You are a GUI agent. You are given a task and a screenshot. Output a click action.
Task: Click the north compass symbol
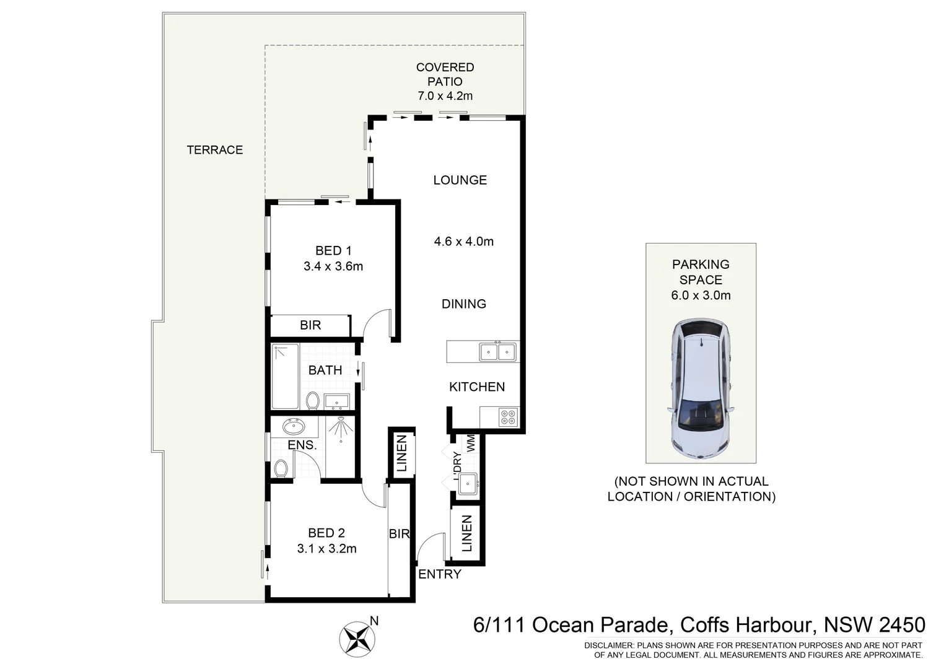(x=356, y=637)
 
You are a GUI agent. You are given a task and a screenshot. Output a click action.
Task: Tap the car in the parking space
(x=701, y=388)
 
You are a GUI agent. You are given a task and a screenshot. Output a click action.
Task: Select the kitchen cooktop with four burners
(x=508, y=417)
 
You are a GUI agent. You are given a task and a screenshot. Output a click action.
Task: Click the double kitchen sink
(x=497, y=352)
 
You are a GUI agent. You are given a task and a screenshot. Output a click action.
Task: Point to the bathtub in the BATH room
(x=285, y=377)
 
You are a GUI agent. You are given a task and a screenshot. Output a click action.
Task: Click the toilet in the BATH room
(x=312, y=400)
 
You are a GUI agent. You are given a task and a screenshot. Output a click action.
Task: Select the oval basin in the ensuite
(x=292, y=427)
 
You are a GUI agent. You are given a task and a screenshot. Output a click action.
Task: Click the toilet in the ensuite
(x=281, y=468)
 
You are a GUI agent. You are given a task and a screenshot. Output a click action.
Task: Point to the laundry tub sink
(x=467, y=482)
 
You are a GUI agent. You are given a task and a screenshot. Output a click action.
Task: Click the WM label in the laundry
(x=471, y=442)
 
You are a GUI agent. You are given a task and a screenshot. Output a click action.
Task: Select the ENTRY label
(x=440, y=574)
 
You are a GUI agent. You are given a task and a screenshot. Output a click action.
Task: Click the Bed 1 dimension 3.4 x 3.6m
(x=333, y=266)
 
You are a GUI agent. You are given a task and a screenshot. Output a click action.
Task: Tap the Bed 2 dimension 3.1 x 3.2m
(x=326, y=548)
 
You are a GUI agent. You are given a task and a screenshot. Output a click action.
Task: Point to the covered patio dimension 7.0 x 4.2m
(x=445, y=96)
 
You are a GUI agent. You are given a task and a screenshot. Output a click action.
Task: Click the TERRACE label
(x=215, y=150)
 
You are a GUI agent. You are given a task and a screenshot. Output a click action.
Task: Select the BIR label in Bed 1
(x=310, y=325)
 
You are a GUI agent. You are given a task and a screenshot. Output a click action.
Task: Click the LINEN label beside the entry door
(x=467, y=533)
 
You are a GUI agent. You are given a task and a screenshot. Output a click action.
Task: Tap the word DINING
(x=463, y=304)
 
